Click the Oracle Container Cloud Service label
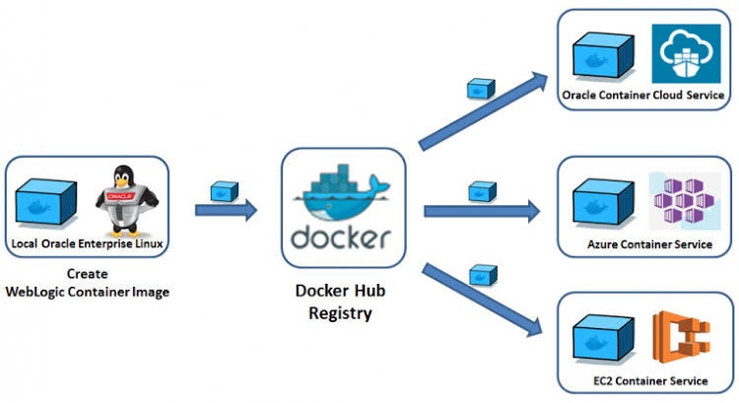click(642, 96)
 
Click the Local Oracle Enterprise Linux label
click(86, 242)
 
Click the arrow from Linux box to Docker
click(226, 209)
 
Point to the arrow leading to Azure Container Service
click(482, 210)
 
